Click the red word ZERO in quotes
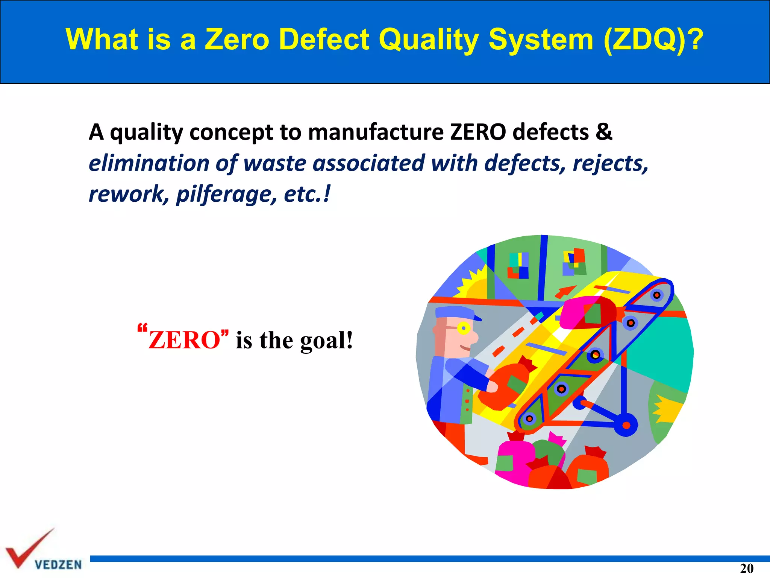[184, 340]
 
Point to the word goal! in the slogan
[326, 341]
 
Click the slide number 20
[747, 568]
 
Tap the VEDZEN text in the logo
[58, 565]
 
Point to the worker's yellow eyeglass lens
[464, 329]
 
